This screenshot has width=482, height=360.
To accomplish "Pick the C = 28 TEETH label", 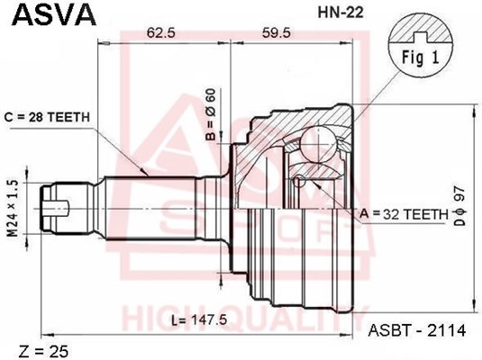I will point(51,117).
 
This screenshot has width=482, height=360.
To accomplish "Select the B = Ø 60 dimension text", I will point(211,115).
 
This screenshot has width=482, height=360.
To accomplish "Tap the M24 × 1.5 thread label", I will point(13,206).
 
